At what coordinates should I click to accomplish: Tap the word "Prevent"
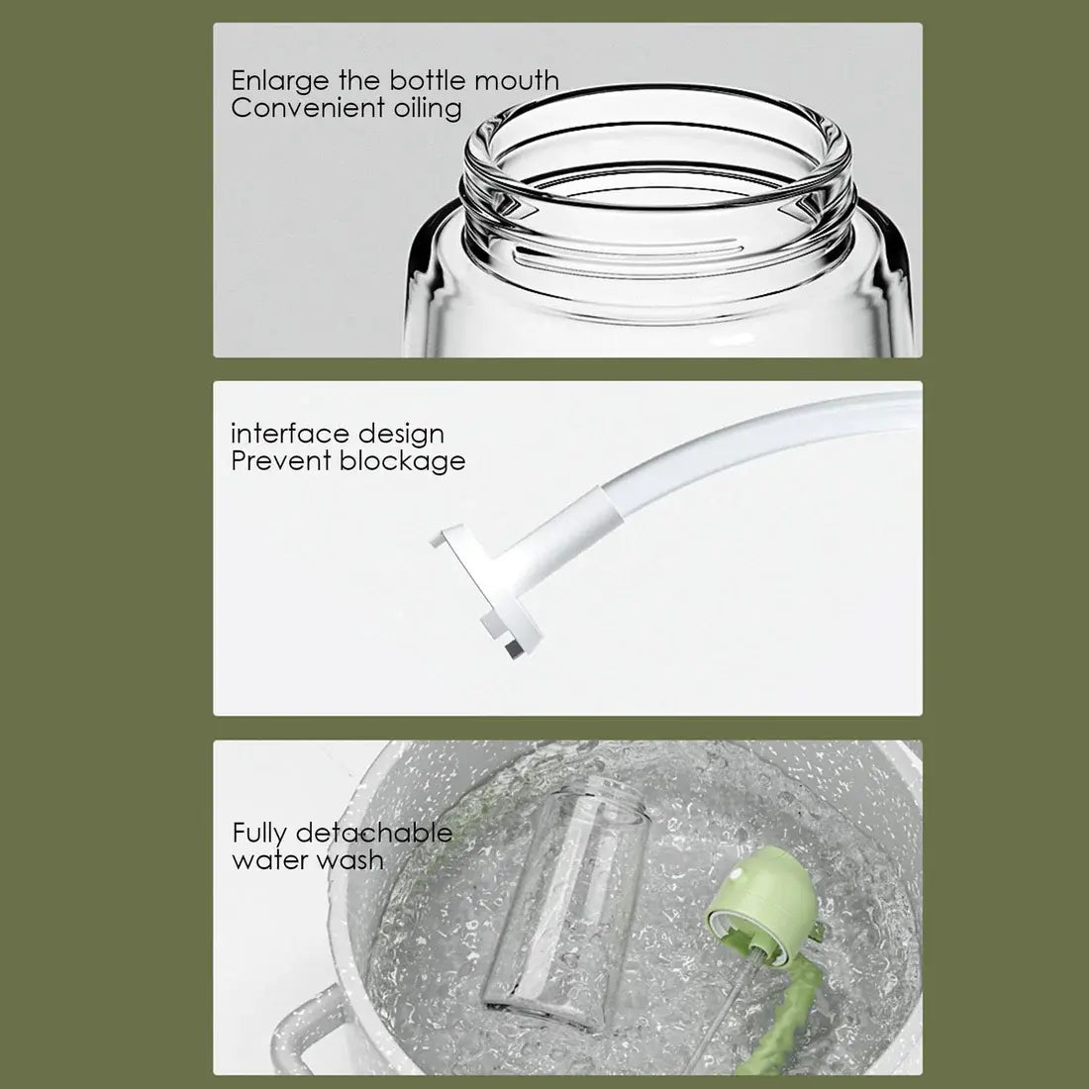[x=281, y=460]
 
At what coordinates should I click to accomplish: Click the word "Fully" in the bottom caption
[x=260, y=834]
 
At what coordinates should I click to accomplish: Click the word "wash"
[x=349, y=859]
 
